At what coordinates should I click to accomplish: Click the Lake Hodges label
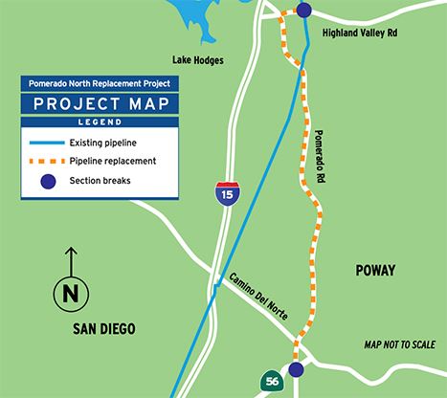click(x=198, y=60)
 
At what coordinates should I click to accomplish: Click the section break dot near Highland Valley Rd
click(x=303, y=11)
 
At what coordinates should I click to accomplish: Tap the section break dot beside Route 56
click(x=296, y=369)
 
